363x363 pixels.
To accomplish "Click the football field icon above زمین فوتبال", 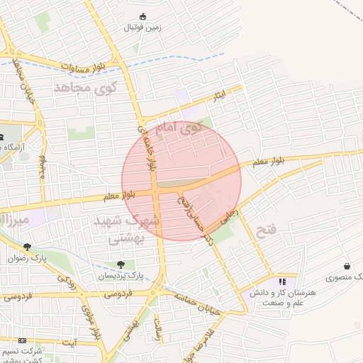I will [x=143, y=16].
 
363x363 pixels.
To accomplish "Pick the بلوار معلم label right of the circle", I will [x=268, y=162].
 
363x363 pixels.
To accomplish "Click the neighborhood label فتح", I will [x=266, y=230].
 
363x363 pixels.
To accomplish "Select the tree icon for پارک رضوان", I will [x=26, y=247].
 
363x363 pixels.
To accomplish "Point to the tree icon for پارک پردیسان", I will [x=120, y=264].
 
